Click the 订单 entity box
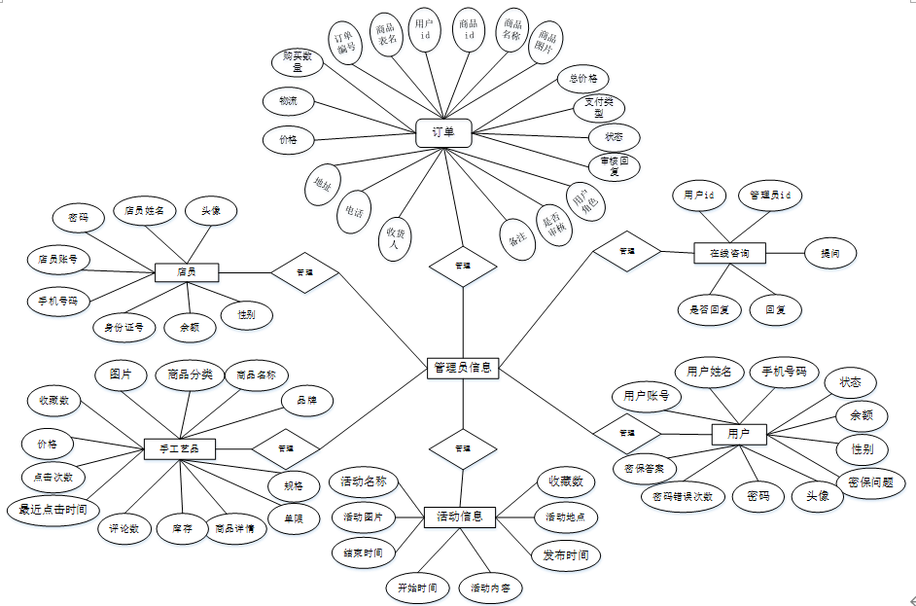click(443, 132)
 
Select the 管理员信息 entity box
click(463, 368)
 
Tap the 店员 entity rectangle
click(187, 272)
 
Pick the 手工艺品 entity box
click(179, 448)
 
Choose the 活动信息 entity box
click(461, 516)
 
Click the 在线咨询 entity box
click(728, 253)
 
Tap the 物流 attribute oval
click(289, 101)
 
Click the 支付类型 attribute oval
click(598, 107)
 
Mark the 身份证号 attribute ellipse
click(124, 328)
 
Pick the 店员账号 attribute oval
click(58, 260)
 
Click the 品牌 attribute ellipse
click(307, 400)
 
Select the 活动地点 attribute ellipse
click(567, 517)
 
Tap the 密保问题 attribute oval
click(871, 481)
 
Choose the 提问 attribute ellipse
click(830, 253)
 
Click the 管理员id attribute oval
click(769, 196)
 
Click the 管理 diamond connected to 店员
click(304, 272)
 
